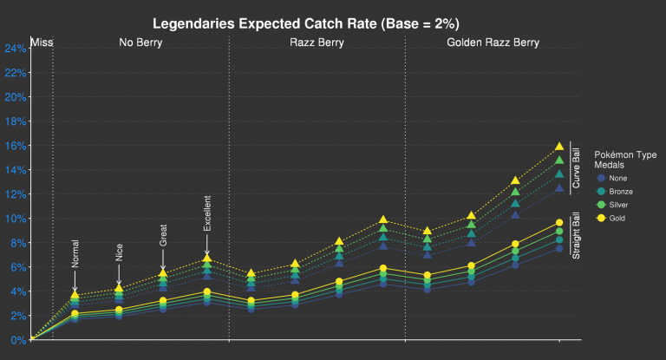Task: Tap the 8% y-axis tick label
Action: pos(16,243)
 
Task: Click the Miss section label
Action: pos(41,42)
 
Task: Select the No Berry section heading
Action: pos(140,42)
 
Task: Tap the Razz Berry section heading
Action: pos(317,42)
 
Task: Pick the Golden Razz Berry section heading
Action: pos(493,42)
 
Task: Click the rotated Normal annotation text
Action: pos(75,252)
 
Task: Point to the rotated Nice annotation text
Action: pos(119,252)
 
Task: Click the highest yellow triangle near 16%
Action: pos(559,147)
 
